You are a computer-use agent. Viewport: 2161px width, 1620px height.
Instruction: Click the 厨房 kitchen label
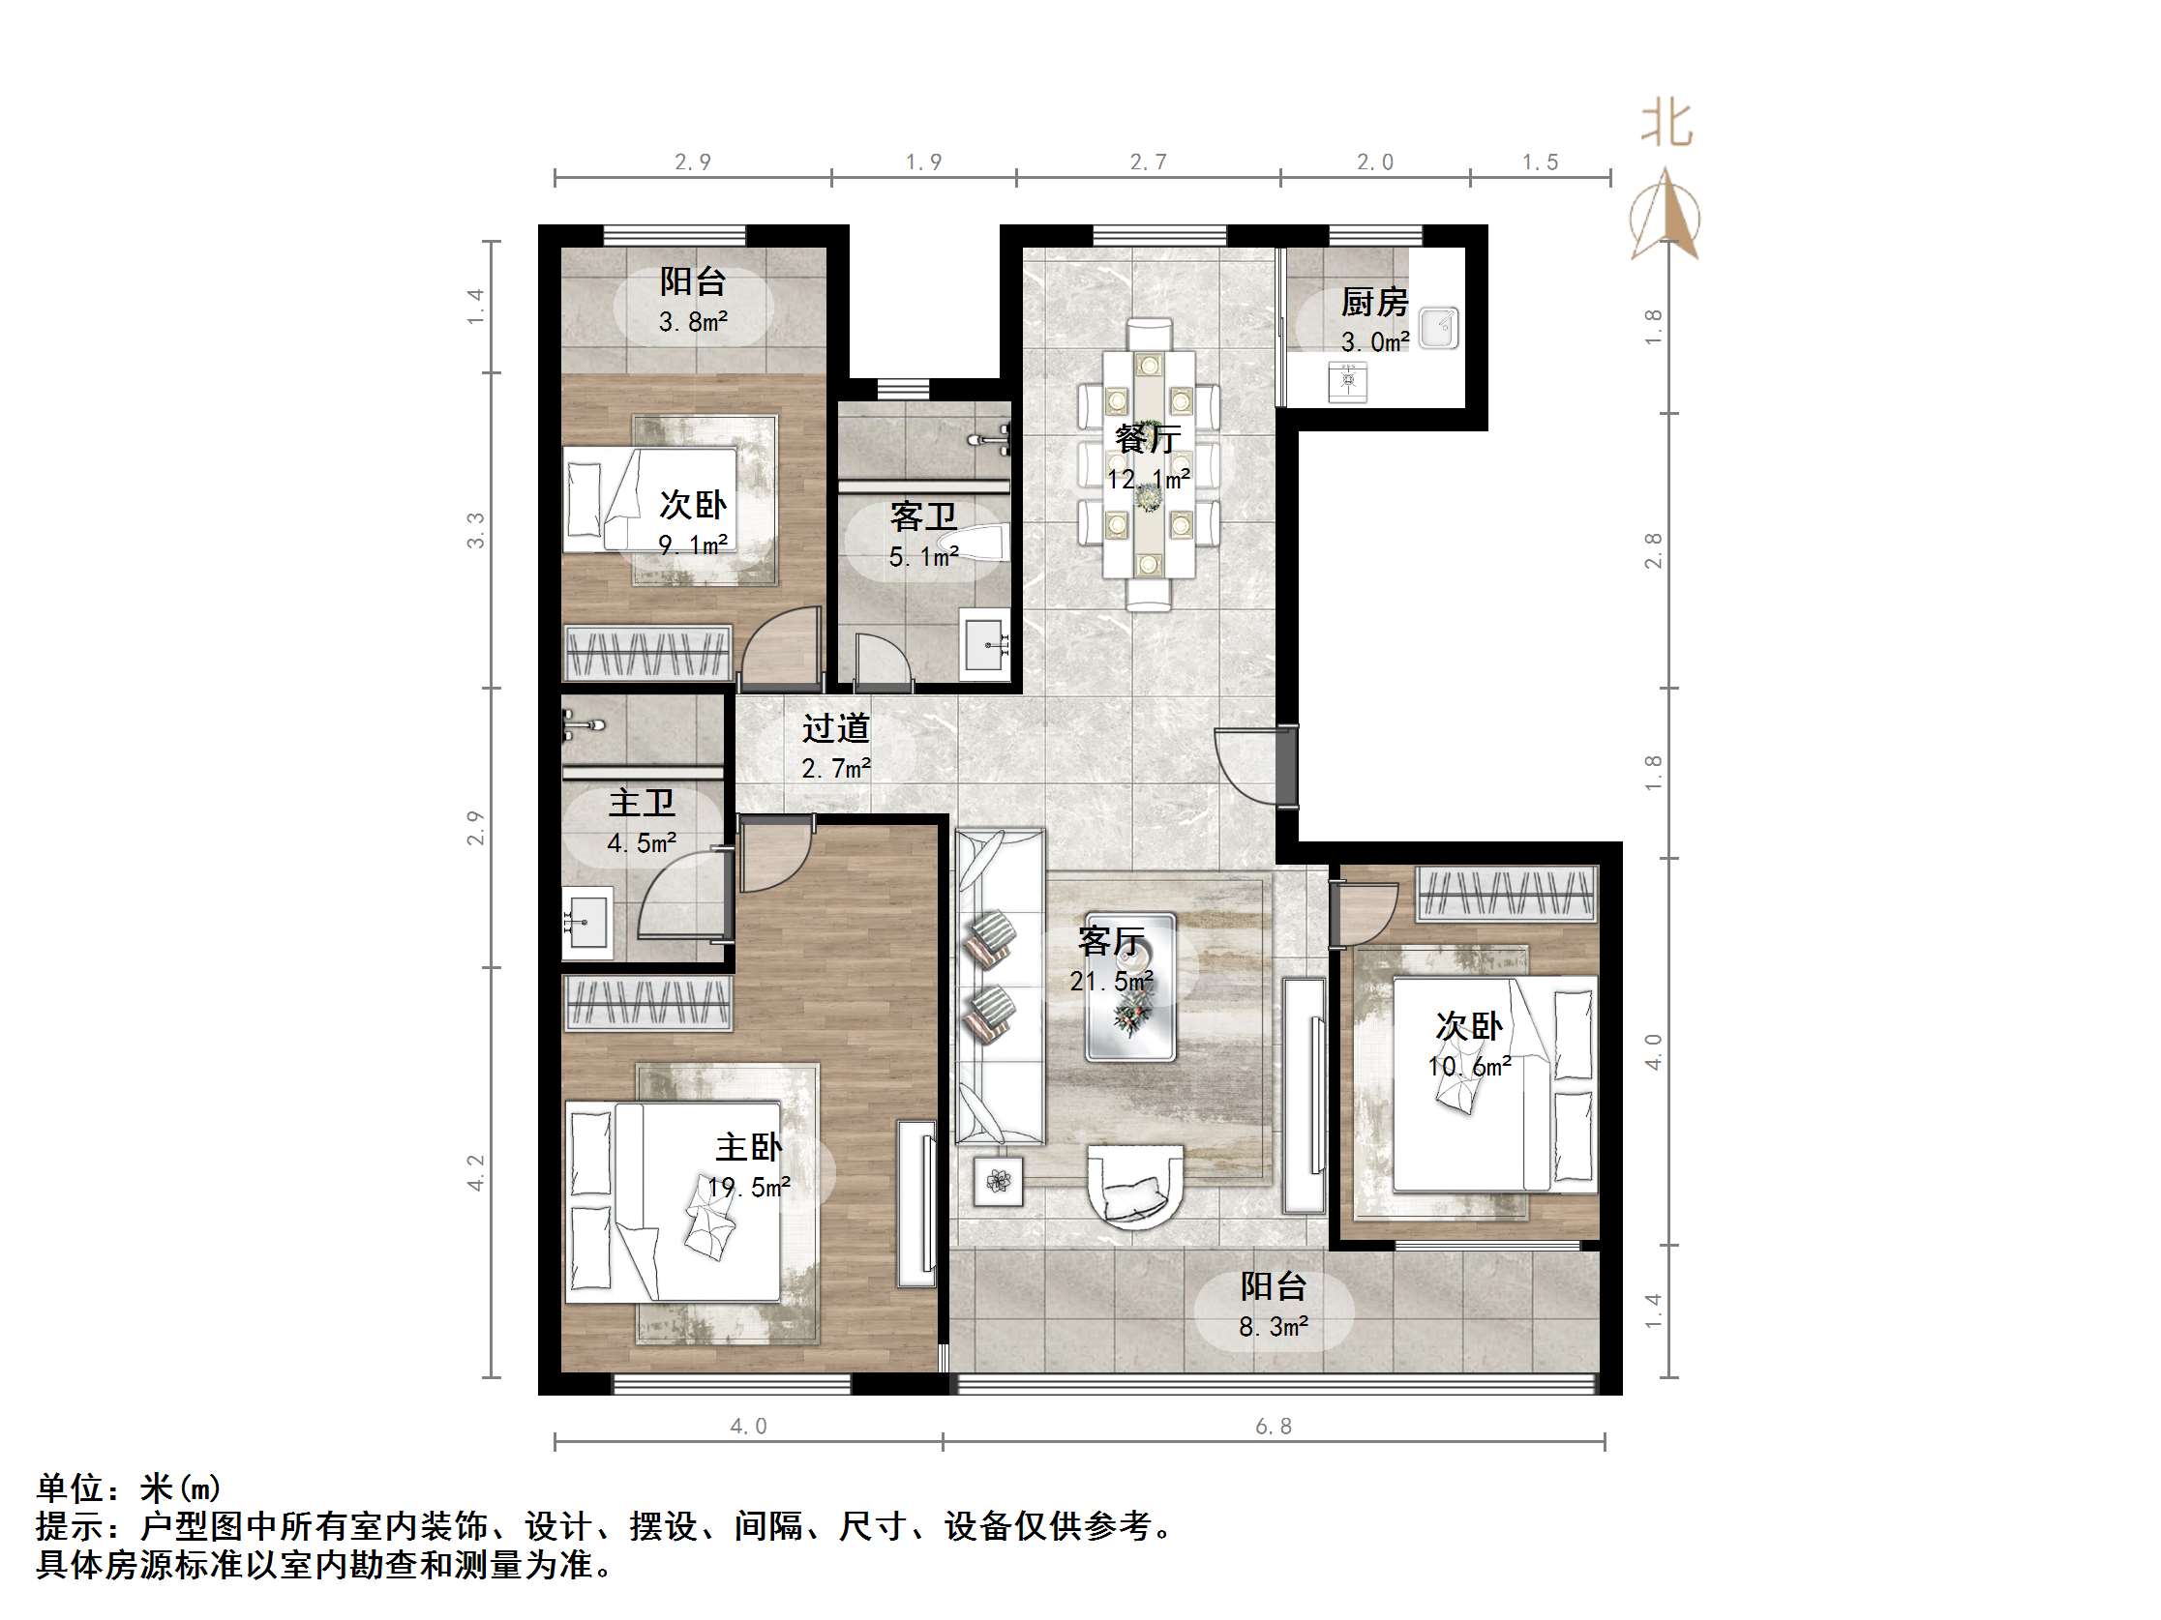pyautogui.click(x=1373, y=303)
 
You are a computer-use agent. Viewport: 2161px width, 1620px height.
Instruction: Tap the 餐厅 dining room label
pyautogui.click(x=1147, y=439)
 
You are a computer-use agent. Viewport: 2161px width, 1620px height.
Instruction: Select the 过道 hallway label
pyautogui.click(x=835, y=728)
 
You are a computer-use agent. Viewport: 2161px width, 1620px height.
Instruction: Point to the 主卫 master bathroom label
pyautogui.click(x=642, y=804)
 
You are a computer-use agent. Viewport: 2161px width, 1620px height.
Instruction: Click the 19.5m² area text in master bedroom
pyautogui.click(x=748, y=1188)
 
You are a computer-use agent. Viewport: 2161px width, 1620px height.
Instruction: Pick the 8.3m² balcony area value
pyautogui.click(x=1273, y=1327)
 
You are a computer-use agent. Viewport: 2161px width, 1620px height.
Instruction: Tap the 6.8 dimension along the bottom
pyautogui.click(x=1273, y=1427)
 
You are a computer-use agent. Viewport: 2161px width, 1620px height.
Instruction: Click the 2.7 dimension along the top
pyautogui.click(x=1148, y=162)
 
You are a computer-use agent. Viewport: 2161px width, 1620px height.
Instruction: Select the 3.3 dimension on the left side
pyautogui.click(x=476, y=530)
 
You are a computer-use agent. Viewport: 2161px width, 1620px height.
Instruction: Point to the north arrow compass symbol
pyautogui.click(x=1666, y=217)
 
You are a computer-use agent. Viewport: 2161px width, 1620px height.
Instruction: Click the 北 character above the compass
pyautogui.click(x=1666, y=125)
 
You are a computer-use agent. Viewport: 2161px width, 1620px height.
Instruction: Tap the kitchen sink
pyautogui.click(x=1438, y=328)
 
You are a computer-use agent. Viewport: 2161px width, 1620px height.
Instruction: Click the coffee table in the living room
pyautogui.click(x=1130, y=987)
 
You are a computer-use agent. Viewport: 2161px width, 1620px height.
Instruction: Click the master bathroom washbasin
pyautogui.click(x=586, y=922)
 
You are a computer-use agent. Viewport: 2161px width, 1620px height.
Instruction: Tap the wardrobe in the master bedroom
pyautogui.click(x=646, y=1003)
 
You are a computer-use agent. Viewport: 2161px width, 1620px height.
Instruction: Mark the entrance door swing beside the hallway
pyautogui.click(x=1250, y=766)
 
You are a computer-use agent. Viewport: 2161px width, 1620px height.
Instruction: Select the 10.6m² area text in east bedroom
pyautogui.click(x=1468, y=1067)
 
